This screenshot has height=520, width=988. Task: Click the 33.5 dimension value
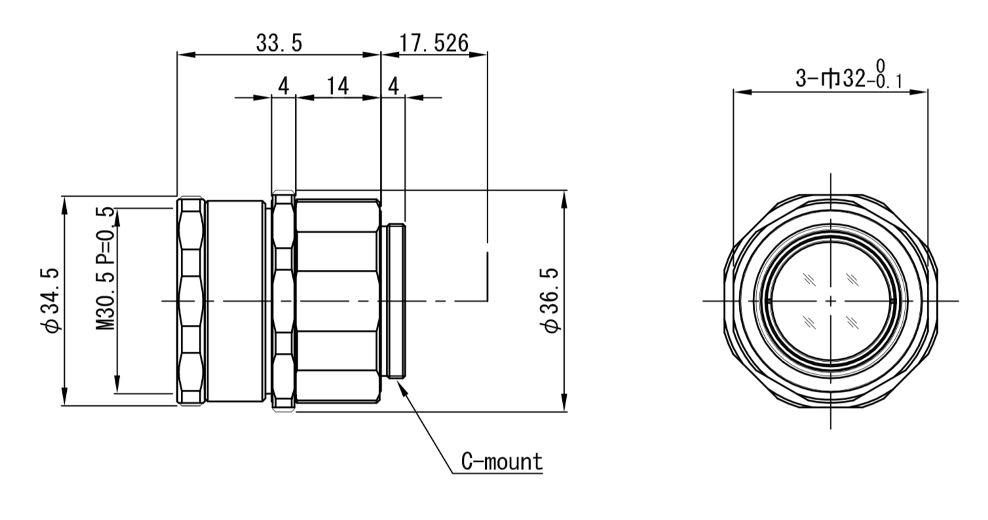278,43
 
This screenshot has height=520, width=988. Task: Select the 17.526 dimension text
434,43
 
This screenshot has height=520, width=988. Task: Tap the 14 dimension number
337,86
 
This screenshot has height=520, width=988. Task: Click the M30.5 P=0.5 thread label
106,269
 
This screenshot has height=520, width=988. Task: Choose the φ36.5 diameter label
551,300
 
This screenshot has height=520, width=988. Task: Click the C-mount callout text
502,462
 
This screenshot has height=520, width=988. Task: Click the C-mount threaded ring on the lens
396,301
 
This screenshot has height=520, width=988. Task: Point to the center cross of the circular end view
831,301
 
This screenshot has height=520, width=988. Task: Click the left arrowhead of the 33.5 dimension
186,55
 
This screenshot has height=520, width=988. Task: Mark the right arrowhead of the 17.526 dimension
478,55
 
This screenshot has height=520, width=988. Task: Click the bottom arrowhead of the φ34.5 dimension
64,396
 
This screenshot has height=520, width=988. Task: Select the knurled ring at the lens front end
191,301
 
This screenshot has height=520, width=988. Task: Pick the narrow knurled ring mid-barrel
283,301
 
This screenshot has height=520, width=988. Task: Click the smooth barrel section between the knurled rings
235,301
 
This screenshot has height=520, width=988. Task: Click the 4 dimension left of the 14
284,86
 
